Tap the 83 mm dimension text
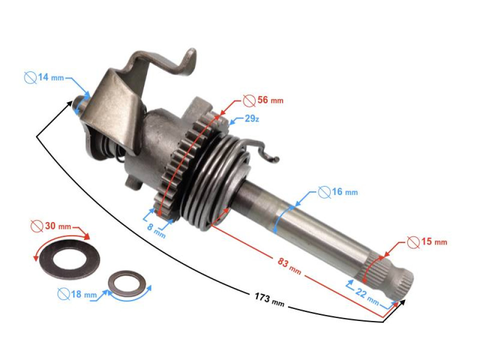(289, 265)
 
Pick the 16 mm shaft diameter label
(344, 192)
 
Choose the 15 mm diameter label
(433, 242)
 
